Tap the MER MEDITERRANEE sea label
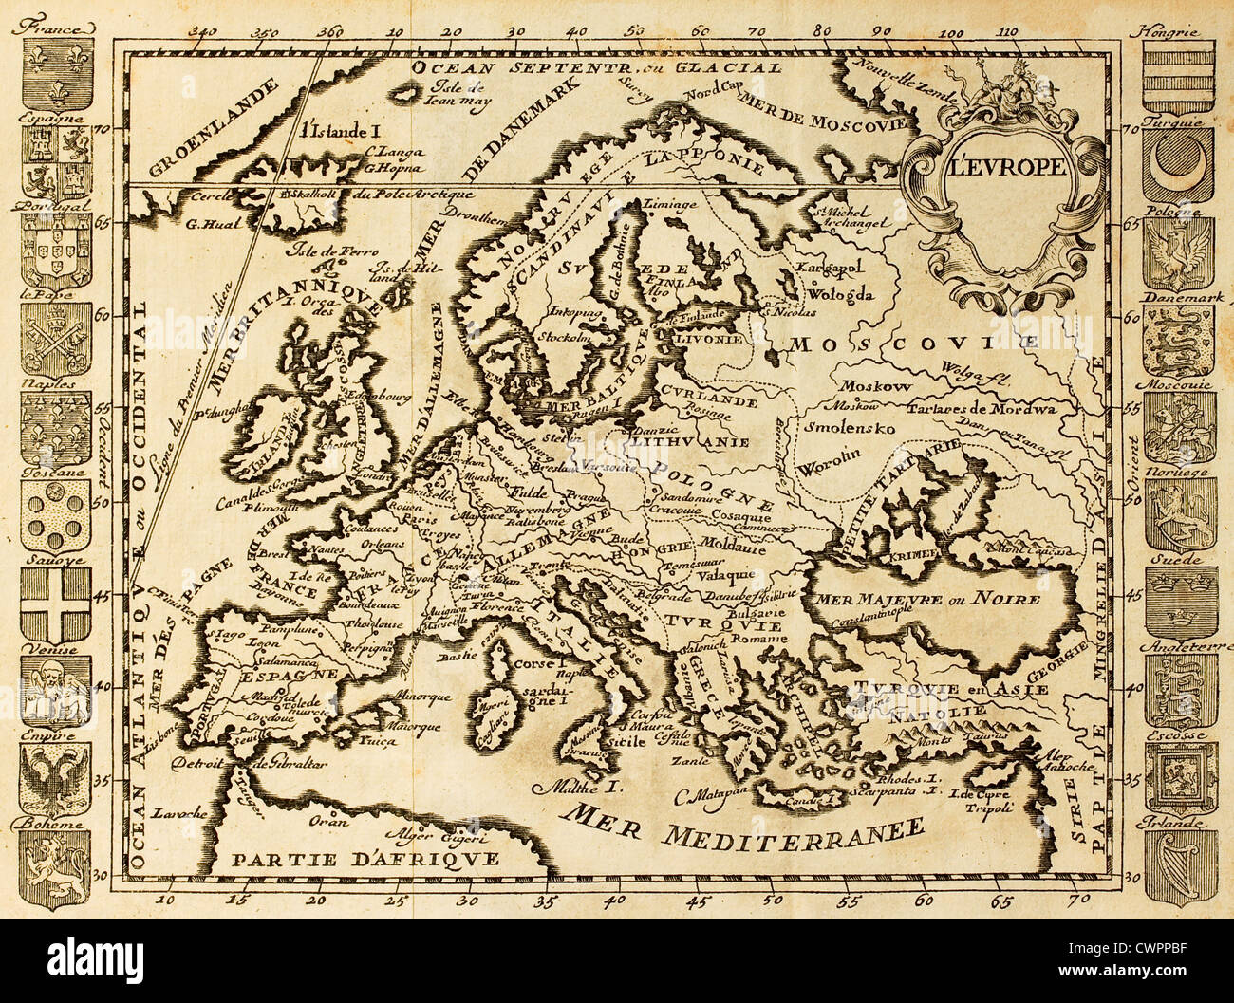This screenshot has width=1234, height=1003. (745, 819)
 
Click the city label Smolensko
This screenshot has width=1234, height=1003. (849, 427)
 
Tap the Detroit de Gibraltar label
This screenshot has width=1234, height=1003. (249, 763)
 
